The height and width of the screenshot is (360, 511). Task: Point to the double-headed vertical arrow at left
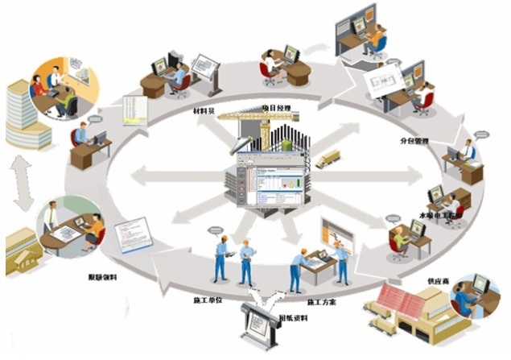pyautogui.click(x=23, y=179)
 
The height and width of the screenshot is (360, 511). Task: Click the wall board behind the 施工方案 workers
pyautogui.click(x=336, y=233)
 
